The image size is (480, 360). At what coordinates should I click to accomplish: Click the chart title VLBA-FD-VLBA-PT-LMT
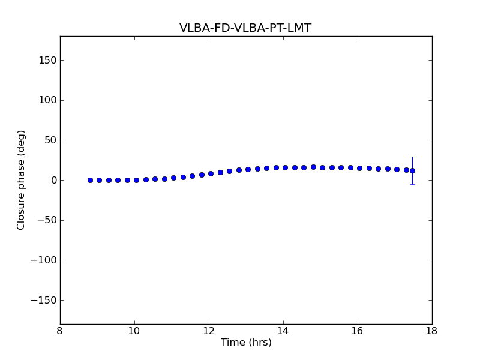coord(245,28)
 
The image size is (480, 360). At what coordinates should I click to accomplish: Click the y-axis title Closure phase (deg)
coord(22,180)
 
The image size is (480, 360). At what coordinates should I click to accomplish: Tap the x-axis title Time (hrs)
coord(246,343)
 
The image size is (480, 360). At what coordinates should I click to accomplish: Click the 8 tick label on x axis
coord(60,331)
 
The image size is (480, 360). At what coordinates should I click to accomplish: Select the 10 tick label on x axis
coord(134,331)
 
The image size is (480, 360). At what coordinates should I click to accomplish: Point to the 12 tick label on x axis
coord(209,331)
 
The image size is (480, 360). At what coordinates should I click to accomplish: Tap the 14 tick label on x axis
coord(283,331)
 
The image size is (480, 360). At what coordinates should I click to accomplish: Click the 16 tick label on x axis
coord(358,331)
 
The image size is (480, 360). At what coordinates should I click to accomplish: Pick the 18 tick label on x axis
coord(431,331)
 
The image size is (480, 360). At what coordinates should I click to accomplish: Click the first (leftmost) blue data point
coord(90,180)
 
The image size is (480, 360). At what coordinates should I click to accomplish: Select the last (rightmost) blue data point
coord(412,170)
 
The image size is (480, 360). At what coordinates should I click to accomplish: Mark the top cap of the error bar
coord(412,157)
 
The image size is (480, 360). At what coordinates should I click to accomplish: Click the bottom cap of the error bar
coord(412,184)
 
